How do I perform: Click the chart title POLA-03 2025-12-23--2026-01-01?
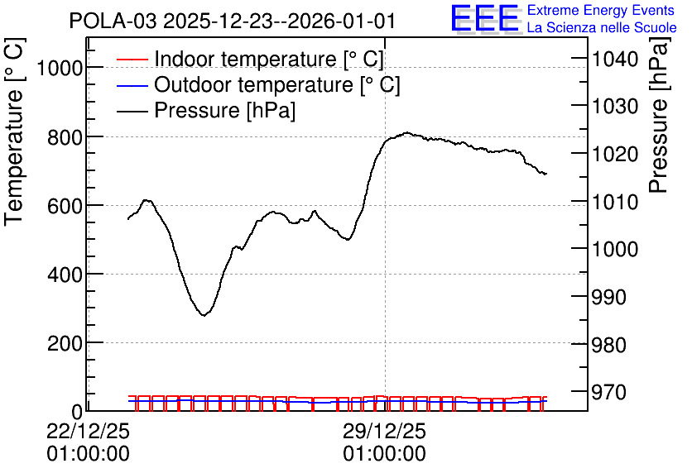232,21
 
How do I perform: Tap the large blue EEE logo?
485,18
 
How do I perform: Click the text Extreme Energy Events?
601,10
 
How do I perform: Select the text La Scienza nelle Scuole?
602,28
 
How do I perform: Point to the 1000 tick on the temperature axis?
60,69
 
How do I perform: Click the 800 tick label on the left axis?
65,138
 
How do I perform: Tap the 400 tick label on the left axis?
65,275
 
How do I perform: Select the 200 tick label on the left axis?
65,344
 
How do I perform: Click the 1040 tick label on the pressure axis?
615,59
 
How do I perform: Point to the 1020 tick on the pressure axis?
615,155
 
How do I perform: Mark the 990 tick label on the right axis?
608,298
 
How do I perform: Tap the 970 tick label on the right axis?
608,392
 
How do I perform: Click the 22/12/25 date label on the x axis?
88,431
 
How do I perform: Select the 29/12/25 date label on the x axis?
384,431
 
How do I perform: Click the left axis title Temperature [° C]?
14,131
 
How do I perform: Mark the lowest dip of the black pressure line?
204,315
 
